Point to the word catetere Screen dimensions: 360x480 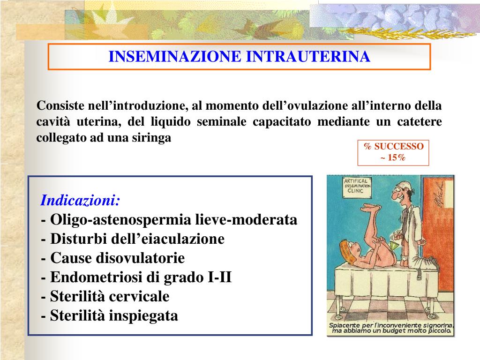pos(420,122)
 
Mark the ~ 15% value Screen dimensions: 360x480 pos(393,157)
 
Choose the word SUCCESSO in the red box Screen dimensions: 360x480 pos(399,146)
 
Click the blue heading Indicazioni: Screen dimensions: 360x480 pos(81,201)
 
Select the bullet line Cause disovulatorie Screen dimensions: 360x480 pos(113,258)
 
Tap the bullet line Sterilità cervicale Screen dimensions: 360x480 pos(105,297)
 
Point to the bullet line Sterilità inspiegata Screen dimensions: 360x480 pos(110,316)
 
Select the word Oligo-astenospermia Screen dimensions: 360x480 pos(112,220)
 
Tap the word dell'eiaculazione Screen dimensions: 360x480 pos(168,239)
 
